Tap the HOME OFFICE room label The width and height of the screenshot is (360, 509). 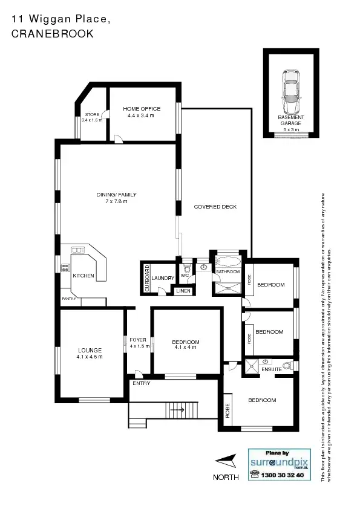point(142,109)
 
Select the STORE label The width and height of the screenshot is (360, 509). point(92,114)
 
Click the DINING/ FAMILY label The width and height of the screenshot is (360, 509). point(116,195)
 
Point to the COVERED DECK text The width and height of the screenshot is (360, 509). point(215,207)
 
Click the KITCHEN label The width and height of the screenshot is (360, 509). point(83,276)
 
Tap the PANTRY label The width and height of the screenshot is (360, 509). point(68,299)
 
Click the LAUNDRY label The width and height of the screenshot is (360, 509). point(163,278)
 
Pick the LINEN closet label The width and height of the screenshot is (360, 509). point(183,291)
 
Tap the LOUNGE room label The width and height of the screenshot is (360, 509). point(90,351)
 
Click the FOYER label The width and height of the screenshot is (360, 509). point(139,340)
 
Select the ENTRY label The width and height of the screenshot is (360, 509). point(141,383)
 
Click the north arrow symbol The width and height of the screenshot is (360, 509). point(225,462)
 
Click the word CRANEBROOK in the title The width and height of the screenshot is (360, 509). point(53,34)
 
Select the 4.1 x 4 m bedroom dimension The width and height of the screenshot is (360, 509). point(186,348)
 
